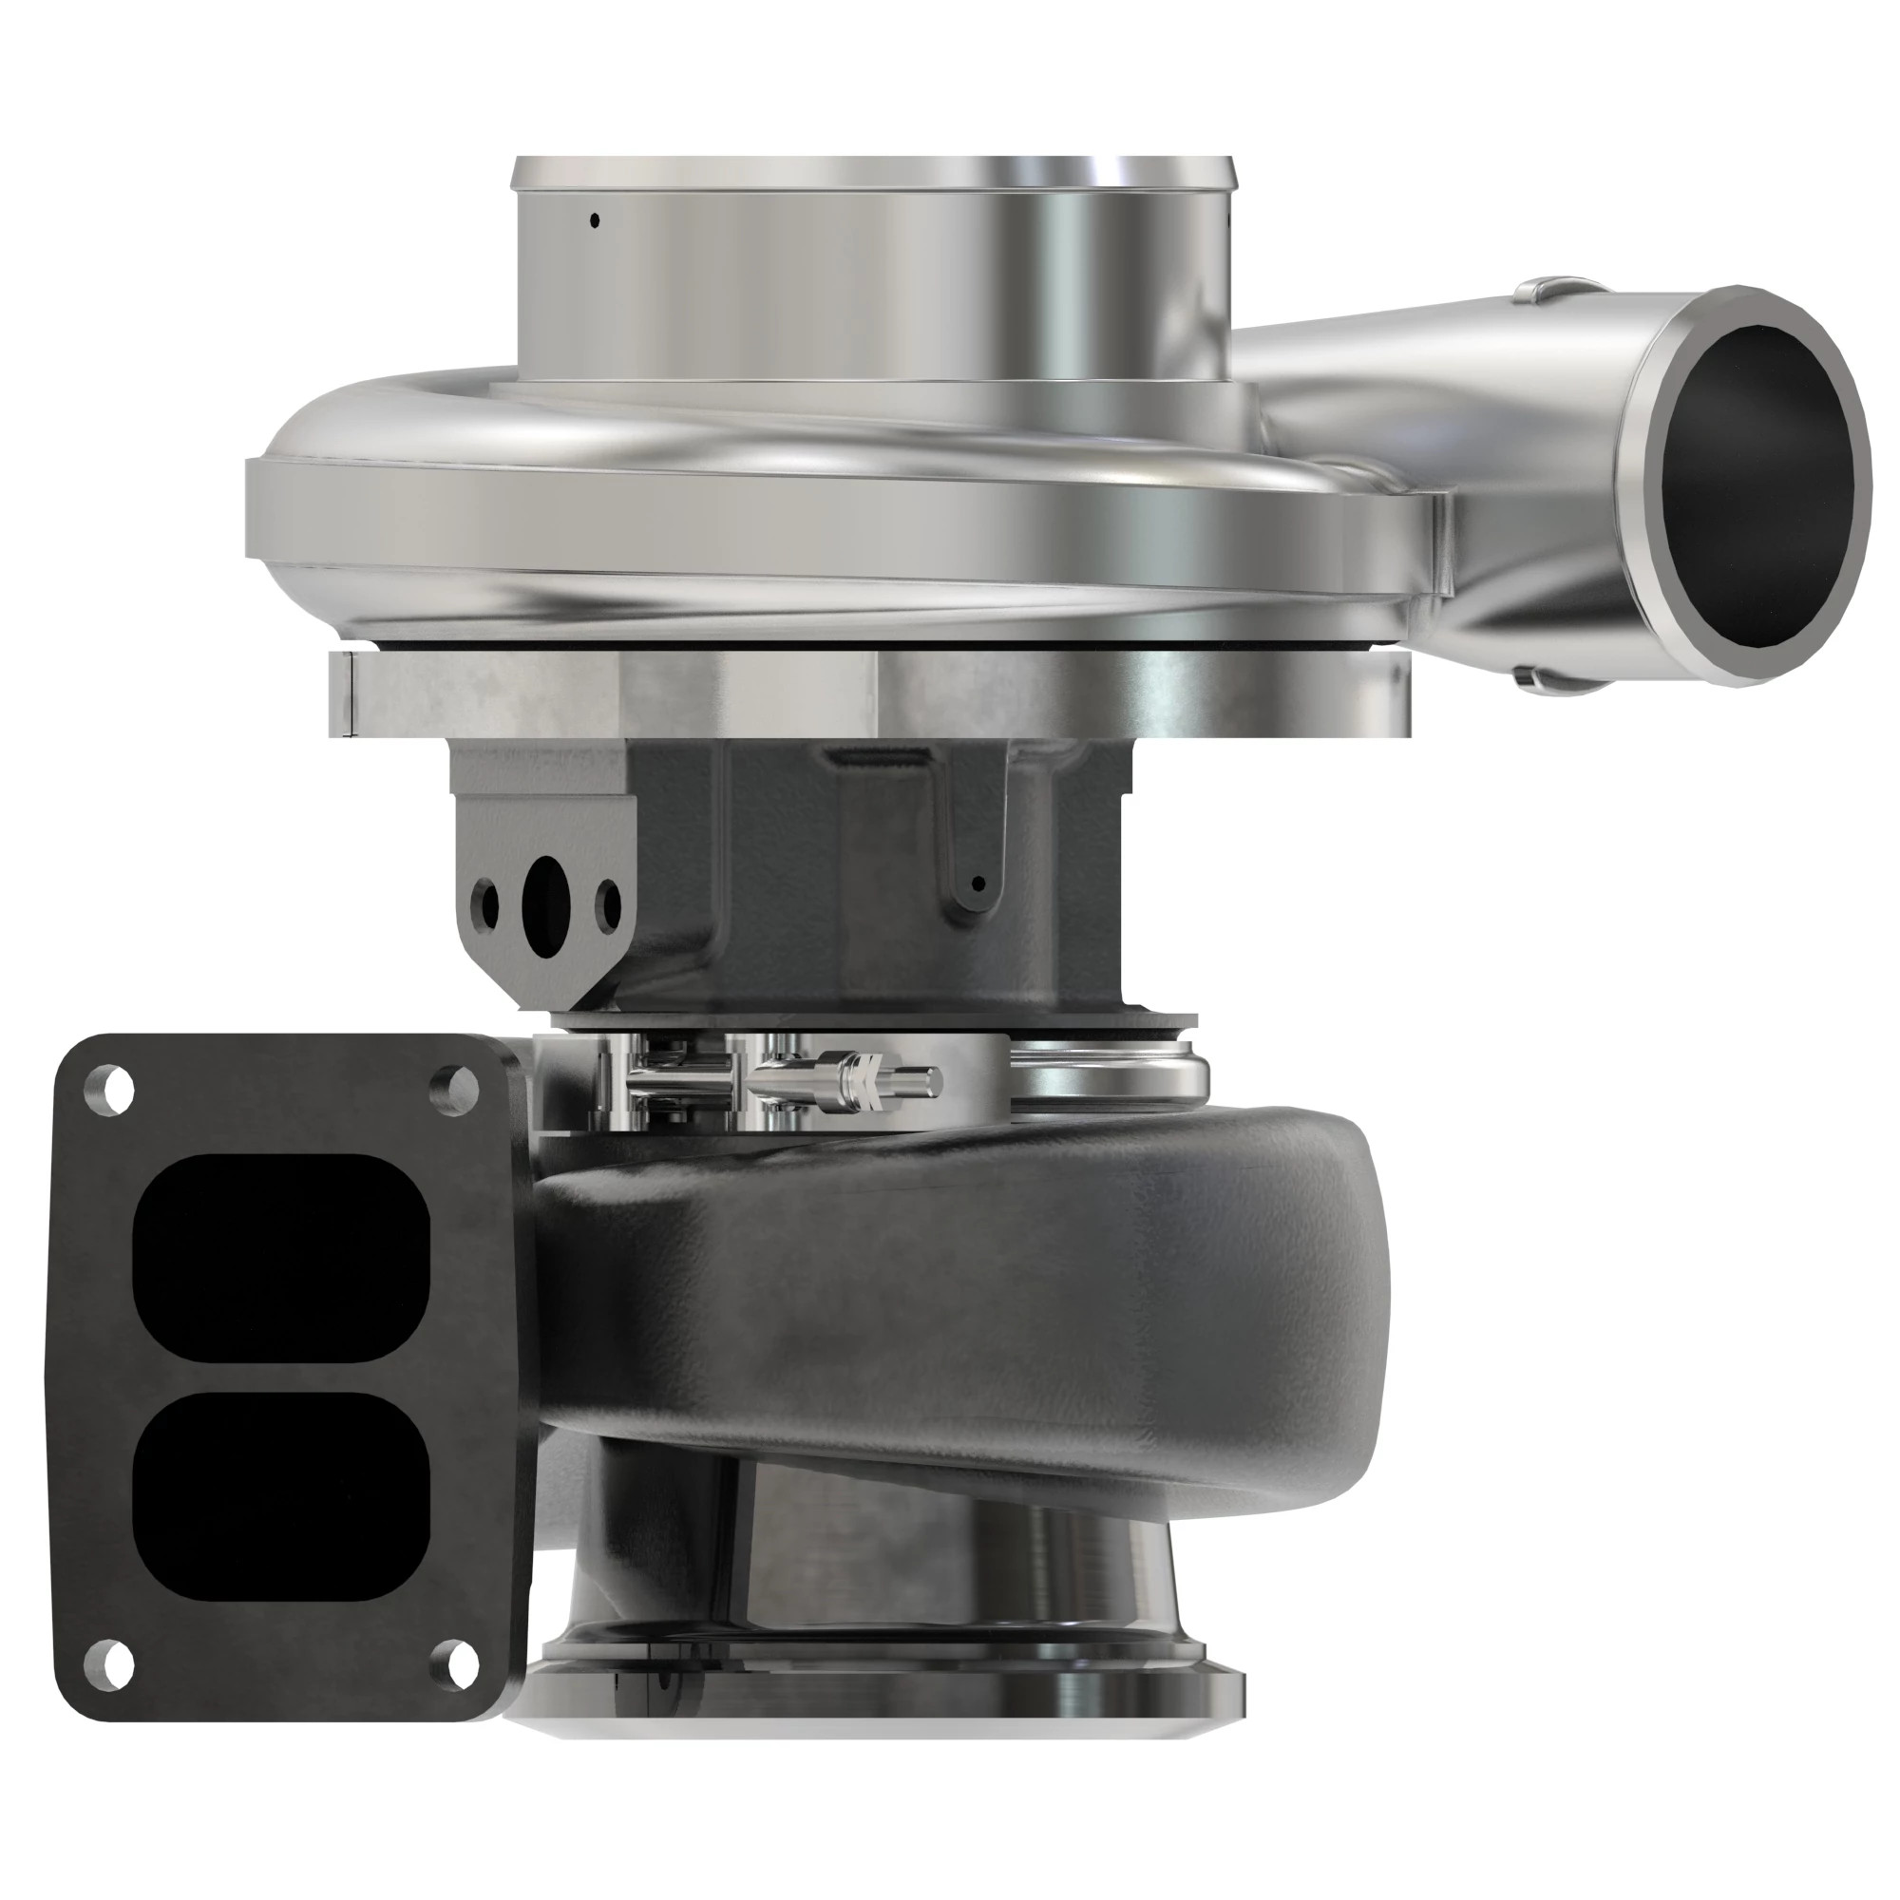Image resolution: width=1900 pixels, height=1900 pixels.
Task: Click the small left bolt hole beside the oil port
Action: pyautogui.click(x=484, y=903)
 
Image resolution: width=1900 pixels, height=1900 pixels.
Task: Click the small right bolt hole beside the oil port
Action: pyautogui.click(x=609, y=902)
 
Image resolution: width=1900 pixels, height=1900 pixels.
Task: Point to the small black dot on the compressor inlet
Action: pyautogui.click(x=594, y=220)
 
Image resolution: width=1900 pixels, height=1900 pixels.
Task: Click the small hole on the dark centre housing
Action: pyautogui.click(x=978, y=883)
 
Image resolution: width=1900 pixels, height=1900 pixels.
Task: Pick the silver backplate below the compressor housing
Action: pyautogui.click(x=865, y=693)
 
